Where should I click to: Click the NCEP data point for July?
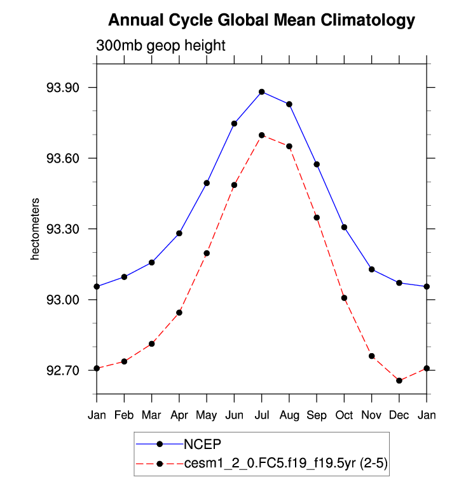point(262,92)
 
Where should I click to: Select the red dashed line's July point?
point(262,135)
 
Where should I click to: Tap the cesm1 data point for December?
point(399,380)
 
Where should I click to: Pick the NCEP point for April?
point(179,233)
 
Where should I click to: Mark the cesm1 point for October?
point(344,298)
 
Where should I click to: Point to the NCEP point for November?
point(372,269)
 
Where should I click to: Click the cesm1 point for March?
point(152,344)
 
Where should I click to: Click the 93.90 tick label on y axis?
point(62,88)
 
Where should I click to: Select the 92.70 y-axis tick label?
point(62,370)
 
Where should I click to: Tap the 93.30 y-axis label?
point(62,229)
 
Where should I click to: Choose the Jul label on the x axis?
point(262,415)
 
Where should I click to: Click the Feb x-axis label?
point(125,415)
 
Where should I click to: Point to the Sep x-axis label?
point(317,415)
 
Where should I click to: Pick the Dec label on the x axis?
point(399,415)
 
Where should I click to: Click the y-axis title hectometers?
point(36,229)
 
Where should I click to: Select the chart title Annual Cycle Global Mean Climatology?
point(261,20)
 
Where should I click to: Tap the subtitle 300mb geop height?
point(161,46)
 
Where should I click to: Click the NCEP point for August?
point(289,104)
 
